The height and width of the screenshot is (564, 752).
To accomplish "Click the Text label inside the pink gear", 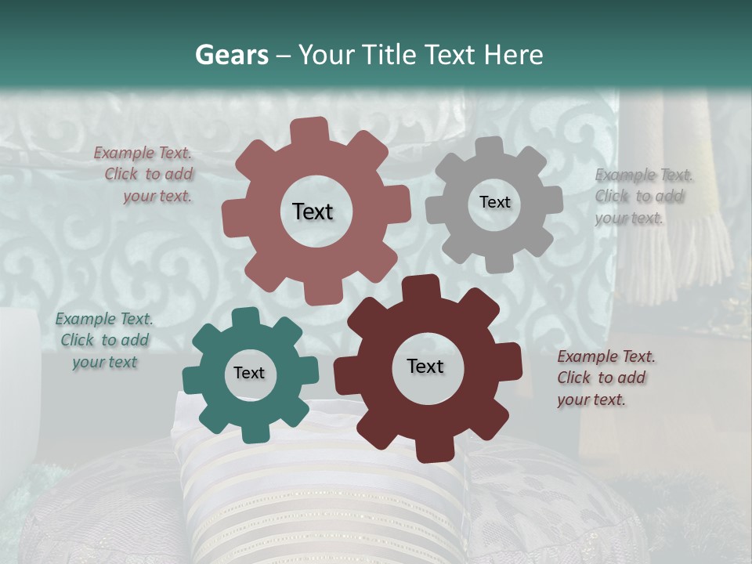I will point(313,211).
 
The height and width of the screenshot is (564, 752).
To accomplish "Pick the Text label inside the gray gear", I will point(494,202).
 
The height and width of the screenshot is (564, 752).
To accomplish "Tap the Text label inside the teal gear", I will point(248,373).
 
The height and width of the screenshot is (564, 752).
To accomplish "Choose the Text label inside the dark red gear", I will point(425,366).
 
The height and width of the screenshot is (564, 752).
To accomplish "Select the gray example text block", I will point(642,196).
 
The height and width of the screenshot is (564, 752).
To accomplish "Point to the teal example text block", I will point(103,340).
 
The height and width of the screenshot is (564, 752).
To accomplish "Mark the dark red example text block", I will point(605,378).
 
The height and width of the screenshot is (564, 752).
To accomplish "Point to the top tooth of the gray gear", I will point(490,147).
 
